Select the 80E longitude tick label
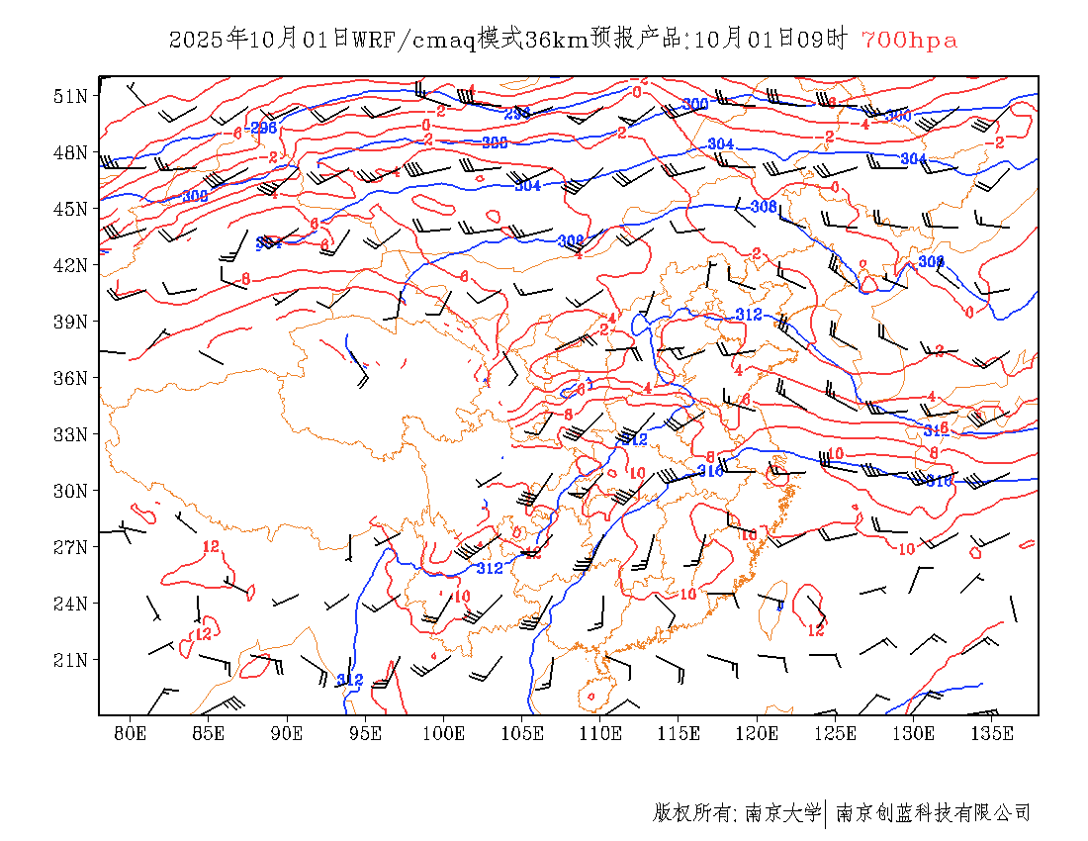click(x=131, y=733)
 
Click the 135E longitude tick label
click(x=993, y=733)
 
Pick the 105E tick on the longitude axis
click(x=522, y=733)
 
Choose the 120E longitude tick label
click(x=758, y=733)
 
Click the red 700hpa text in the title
click(x=909, y=40)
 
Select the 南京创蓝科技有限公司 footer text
click(x=934, y=813)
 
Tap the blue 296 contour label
click(x=263, y=129)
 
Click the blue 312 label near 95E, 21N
click(x=350, y=680)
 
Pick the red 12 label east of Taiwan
click(x=816, y=629)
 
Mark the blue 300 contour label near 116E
click(x=695, y=104)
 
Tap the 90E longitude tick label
click(x=287, y=733)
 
